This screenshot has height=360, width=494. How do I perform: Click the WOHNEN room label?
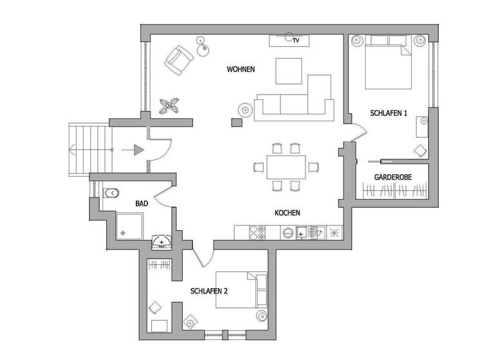click(x=241, y=69)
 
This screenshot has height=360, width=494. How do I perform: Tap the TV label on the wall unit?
click(x=295, y=40)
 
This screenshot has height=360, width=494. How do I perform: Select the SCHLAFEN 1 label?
click(x=389, y=113)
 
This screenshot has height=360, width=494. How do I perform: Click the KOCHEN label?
click(x=288, y=213)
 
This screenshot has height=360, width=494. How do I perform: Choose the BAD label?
click(x=142, y=203)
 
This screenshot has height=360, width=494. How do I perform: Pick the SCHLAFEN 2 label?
click(x=209, y=291)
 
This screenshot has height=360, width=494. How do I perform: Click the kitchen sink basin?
click(x=304, y=232)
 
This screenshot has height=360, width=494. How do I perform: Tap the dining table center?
click(x=286, y=168)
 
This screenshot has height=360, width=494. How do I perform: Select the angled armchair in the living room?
click(x=179, y=61)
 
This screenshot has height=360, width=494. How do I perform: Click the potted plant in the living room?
click(x=170, y=106)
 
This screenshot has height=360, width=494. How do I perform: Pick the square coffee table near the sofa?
click(x=289, y=71)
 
